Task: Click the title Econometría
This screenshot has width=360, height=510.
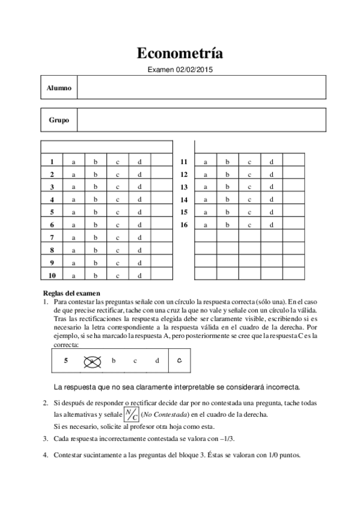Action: coord(180,54)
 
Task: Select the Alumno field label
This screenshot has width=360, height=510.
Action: coord(59,88)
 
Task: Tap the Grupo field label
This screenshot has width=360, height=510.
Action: coord(59,120)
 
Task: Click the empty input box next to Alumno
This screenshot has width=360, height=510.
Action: coord(201,88)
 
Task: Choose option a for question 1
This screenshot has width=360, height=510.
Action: coord(74,162)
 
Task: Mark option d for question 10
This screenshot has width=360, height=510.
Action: coord(139,275)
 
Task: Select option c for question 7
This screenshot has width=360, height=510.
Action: coord(118,238)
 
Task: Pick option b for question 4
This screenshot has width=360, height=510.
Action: coord(96,200)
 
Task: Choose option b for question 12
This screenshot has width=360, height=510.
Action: coord(227,174)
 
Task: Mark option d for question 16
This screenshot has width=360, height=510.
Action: coord(272,225)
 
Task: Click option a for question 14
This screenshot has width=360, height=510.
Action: coord(206,200)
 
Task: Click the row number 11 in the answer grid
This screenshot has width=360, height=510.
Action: coord(184,162)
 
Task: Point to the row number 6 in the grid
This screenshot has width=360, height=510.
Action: coord(52,225)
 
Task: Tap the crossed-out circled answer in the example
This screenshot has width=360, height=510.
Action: coord(92,361)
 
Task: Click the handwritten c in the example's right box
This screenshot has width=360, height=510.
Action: coord(180,361)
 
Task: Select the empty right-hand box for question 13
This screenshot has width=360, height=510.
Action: coord(294,187)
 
